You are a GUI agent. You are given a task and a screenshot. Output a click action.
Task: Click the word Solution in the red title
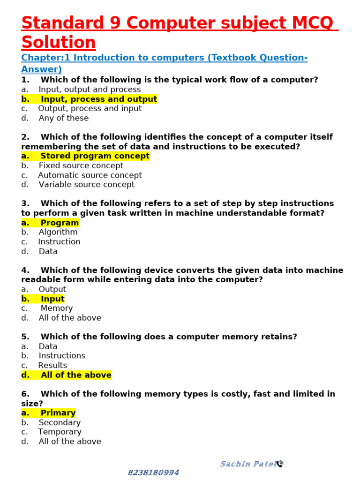click(x=59, y=42)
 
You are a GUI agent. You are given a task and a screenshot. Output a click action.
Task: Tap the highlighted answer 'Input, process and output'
click(x=98, y=99)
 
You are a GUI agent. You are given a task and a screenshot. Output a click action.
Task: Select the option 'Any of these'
click(x=63, y=118)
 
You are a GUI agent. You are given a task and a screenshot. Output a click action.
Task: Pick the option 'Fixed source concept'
click(x=81, y=165)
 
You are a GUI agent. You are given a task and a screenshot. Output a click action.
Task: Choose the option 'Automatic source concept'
click(x=90, y=175)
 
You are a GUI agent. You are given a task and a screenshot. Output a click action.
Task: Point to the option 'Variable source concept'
click(x=86, y=184)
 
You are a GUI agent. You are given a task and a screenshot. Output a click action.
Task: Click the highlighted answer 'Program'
click(x=59, y=223)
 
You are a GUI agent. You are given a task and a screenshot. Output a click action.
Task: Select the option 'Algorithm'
click(x=58, y=232)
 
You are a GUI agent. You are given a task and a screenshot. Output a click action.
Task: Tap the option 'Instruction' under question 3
click(x=59, y=242)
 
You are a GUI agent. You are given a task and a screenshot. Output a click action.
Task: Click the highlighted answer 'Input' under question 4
click(x=52, y=299)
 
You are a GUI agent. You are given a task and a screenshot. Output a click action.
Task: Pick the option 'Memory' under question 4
click(x=56, y=308)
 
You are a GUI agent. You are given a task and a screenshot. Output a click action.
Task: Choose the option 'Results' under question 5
click(x=52, y=365)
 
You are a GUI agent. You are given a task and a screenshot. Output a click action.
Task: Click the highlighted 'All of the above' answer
click(x=76, y=375)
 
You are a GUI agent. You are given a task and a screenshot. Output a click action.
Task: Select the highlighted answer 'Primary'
click(x=58, y=413)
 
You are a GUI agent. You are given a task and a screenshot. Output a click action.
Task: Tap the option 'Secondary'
click(x=60, y=422)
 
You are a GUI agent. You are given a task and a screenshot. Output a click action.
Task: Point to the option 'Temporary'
click(x=60, y=432)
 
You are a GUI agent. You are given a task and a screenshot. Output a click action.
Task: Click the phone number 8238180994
click(x=154, y=472)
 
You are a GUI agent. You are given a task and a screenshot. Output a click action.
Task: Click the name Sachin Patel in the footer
click(x=247, y=464)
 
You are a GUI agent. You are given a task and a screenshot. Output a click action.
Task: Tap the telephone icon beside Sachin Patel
click(x=280, y=464)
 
